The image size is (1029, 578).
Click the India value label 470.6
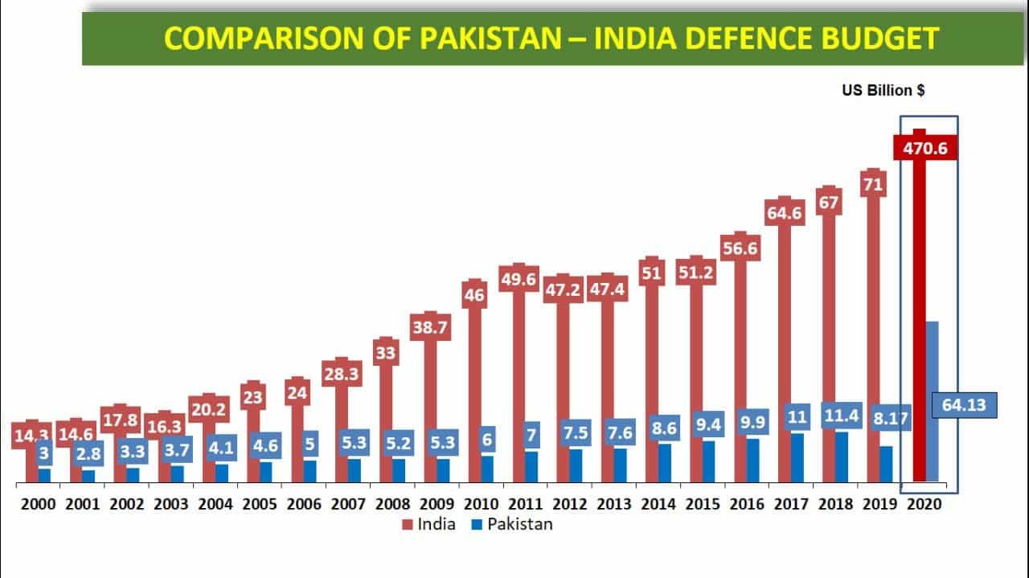click(x=924, y=148)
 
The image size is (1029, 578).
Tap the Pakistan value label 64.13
click(x=964, y=405)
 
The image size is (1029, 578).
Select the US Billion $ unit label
click(x=883, y=91)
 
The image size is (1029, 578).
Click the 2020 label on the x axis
click(x=924, y=504)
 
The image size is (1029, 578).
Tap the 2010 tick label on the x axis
click(x=481, y=504)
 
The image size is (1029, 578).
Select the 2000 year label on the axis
click(x=38, y=504)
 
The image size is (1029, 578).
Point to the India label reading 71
click(x=873, y=184)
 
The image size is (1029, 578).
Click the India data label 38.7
click(x=431, y=327)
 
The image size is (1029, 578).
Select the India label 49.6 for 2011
click(x=519, y=279)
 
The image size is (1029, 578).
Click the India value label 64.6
click(x=785, y=213)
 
